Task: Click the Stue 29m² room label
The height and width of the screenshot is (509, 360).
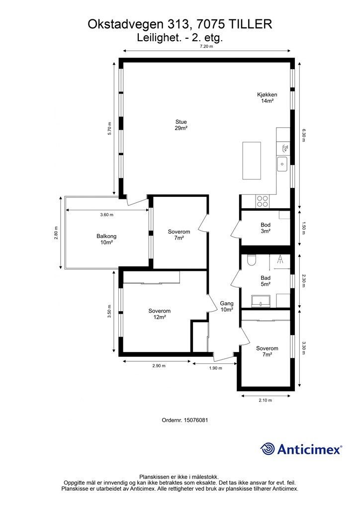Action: coord(181,125)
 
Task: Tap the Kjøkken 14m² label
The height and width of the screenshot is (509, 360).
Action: coord(267,98)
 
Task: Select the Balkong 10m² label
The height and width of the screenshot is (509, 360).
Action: coord(106,239)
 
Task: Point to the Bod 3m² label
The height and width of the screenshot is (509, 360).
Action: coord(266,228)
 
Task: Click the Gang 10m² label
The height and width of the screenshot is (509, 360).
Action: coord(227,306)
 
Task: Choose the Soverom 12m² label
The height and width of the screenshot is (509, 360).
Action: coord(160,314)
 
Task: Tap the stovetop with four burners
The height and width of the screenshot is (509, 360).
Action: coord(262,201)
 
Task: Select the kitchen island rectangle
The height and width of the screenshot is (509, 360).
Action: coord(252,161)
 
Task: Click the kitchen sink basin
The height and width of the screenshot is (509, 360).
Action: coord(282,164)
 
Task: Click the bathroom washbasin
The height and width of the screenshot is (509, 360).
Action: coord(261,301)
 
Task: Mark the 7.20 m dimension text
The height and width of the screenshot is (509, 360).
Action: coord(206,46)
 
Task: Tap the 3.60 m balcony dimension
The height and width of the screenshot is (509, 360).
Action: coord(107,215)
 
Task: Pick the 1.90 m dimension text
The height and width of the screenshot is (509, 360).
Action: coord(215,368)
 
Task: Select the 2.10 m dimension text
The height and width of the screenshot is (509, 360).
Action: coord(265,400)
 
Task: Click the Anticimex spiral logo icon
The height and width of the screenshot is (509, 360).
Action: coord(267,449)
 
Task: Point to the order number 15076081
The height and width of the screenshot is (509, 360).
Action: coord(196,420)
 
